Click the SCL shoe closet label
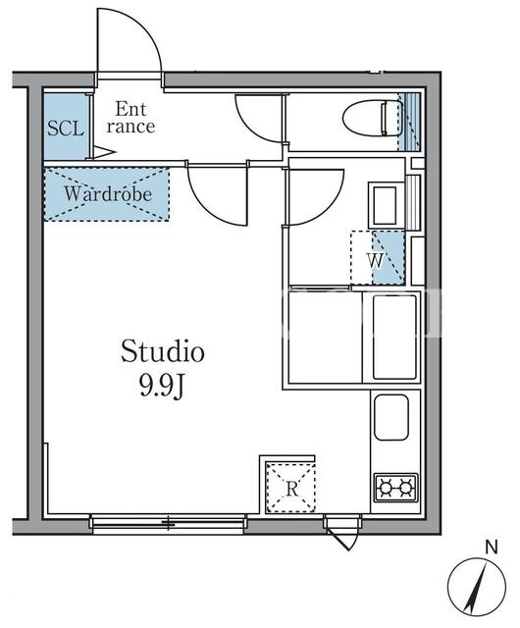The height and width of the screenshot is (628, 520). point(66,129)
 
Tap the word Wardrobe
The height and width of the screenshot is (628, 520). point(108,194)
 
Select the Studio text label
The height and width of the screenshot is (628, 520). point(163,351)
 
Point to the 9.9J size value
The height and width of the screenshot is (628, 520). point(162,387)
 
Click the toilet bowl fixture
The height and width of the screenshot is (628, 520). point(373,119)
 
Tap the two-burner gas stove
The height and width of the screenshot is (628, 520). point(395,488)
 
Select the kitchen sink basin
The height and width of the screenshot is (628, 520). point(391,417)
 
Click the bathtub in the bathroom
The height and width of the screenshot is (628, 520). point(394,338)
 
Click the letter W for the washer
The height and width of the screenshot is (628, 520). point(376,261)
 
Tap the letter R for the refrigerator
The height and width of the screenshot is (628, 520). point(292,489)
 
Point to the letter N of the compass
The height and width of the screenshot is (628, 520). point(492,547)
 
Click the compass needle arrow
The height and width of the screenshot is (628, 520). point(476,589)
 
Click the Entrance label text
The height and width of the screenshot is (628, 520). point(130,118)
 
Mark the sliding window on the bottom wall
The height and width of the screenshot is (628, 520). point(168,523)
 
